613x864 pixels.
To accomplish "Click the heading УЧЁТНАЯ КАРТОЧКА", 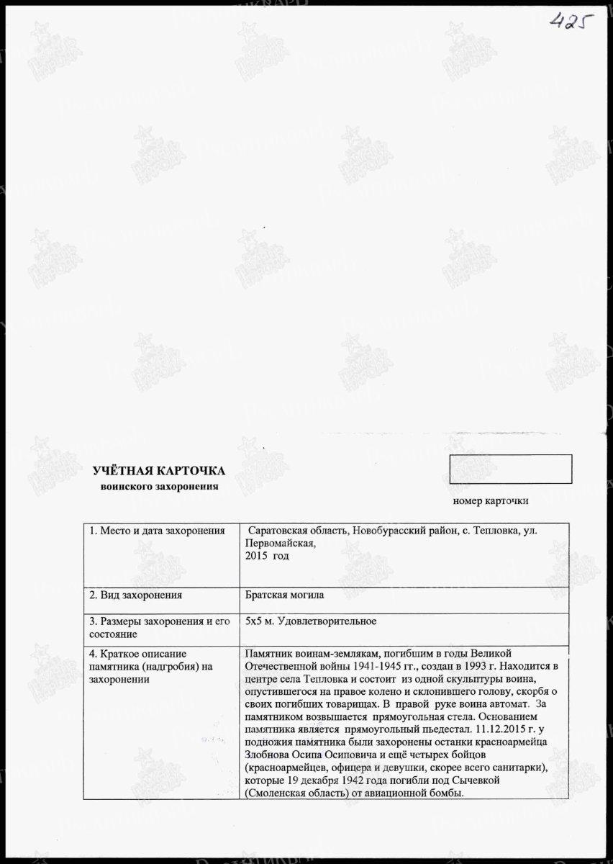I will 159,471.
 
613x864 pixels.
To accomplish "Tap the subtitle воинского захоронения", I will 159,487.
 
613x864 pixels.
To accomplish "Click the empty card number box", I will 510,469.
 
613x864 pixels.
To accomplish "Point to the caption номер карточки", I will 491,500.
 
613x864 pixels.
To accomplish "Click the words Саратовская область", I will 296,531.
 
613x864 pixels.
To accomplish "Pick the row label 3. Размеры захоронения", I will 159,621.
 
